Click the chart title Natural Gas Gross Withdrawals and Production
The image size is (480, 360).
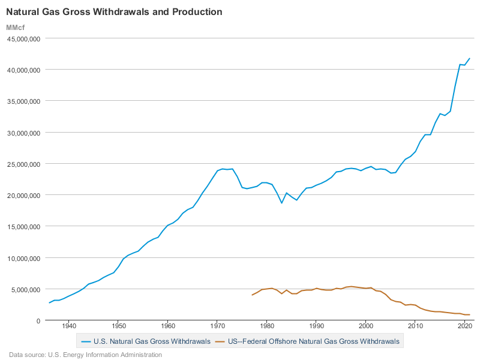[114, 12]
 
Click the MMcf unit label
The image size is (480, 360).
[16, 28]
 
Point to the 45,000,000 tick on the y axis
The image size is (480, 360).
[23, 38]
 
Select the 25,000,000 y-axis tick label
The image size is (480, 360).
[23, 164]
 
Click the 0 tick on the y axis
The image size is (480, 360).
[38, 320]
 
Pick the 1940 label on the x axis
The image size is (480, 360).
[68, 326]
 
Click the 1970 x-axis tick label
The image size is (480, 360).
[217, 326]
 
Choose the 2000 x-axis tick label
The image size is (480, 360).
[366, 326]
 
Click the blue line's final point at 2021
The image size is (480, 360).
[470, 58]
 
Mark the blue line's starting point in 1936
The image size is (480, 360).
[49, 303]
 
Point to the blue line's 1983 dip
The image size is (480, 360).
[281, 203]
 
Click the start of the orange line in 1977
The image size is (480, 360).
[252, 295]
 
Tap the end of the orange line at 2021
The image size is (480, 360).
[470, 314]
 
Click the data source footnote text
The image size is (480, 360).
[85, 355]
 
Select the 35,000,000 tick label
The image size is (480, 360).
[23, 101]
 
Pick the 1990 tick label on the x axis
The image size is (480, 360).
[316, 326]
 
